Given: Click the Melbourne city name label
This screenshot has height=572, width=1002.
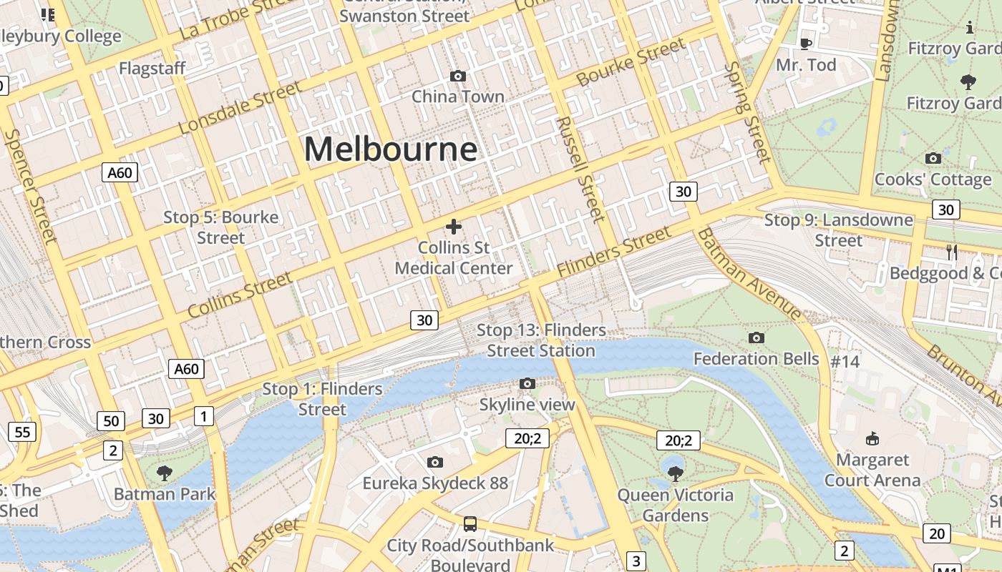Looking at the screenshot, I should click(391, 149).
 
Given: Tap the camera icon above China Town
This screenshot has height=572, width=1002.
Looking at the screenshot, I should click(458, 76).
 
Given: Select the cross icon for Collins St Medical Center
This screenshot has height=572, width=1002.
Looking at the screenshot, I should click(453, 227).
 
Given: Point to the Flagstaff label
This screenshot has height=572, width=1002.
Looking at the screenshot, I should click(152, 69).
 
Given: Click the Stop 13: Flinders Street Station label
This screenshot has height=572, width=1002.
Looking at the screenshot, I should click(541, 340).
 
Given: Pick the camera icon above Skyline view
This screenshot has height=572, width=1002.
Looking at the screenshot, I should click(527, 384).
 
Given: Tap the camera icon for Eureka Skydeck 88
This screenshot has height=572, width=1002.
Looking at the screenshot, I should click(434, 463).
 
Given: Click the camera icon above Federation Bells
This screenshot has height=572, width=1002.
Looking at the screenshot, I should click(756, 337).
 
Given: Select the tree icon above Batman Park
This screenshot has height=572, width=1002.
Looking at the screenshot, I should click(165, 473).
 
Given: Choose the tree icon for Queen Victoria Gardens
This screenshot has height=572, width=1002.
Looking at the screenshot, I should click(675, 473).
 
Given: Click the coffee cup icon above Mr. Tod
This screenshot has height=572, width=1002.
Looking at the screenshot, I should click(805, 44).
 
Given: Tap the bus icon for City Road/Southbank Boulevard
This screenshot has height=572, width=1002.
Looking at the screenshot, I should click(470, 524).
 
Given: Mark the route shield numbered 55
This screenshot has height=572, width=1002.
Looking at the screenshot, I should click(22, 432).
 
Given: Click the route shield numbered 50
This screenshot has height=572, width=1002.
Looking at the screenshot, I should click(111, 421).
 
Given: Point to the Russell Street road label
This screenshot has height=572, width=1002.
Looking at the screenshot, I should click(579, 169).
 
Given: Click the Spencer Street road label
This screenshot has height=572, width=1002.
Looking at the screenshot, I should click(31, 186).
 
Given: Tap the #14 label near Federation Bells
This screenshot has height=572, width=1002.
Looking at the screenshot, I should click(845, 362).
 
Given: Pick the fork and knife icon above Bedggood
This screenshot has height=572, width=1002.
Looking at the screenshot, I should click(952, 252).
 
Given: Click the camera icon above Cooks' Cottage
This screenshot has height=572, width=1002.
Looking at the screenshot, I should click(933, 158).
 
